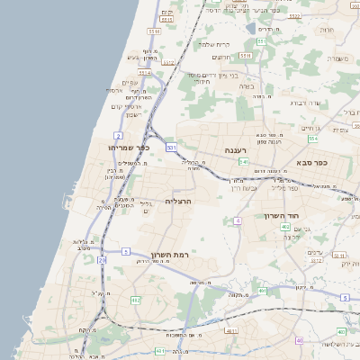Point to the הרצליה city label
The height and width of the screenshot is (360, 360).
(x=180, y=201)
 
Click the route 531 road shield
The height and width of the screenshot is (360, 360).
(x=171, y=147)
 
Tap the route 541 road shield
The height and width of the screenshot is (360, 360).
(x=244, y=161)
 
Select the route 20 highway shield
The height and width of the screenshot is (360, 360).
(x=102, y=260)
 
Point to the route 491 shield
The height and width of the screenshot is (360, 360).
(x=262, y=292)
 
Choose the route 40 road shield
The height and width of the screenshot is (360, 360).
(x=299, y=341)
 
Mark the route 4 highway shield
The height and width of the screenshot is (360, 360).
(x=238, y=220)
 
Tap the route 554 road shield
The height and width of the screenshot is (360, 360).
(x=313, y=139)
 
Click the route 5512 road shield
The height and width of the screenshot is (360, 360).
(x=168, y=63)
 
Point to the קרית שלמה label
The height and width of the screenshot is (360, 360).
(x=217, y=44)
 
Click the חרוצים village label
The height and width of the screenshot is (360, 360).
(x=221, y=57)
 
